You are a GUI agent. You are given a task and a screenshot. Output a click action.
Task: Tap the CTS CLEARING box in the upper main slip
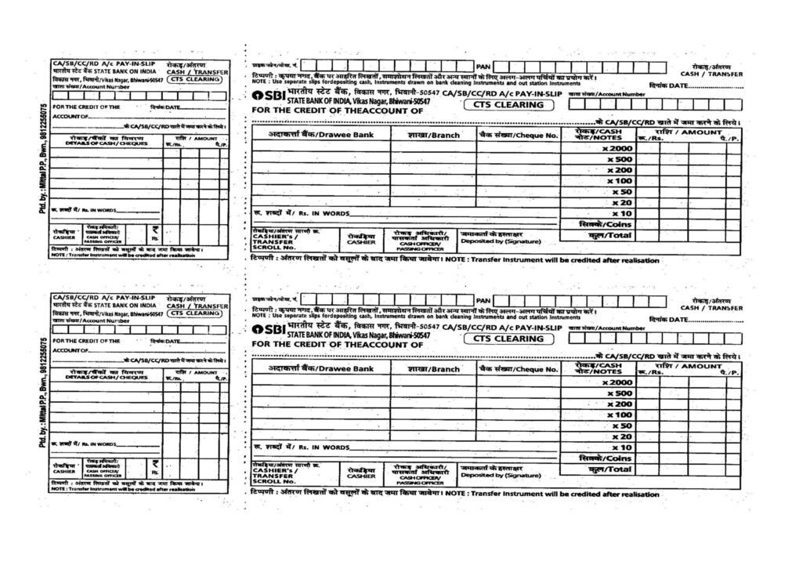tap(508, 104)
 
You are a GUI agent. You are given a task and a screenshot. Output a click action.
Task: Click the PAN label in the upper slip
tap(483, 66)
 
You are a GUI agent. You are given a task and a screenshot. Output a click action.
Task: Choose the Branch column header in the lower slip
tap(433, 368)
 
